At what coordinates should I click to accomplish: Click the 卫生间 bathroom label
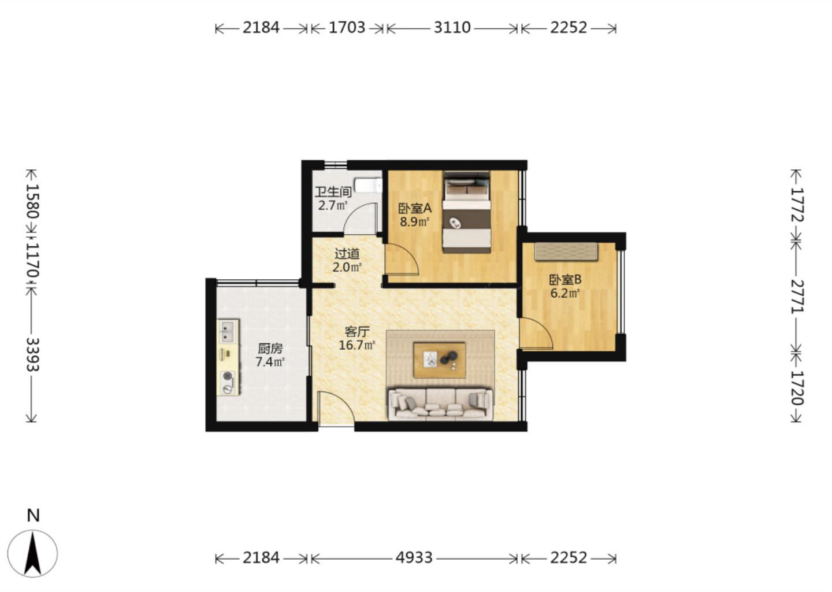[333, 192]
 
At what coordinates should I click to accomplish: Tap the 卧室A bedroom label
[415, 208]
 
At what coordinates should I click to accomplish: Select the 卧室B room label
[565, 279]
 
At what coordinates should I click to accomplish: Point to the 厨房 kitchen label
[270, 348]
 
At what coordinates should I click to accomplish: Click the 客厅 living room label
[357, 331]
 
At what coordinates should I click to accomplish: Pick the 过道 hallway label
[347, 253]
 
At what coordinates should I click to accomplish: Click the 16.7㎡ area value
[357, 345]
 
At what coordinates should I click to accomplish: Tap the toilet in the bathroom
[368, 185]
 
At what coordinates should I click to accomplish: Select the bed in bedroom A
[466, 212]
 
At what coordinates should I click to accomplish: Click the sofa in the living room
[440, 404]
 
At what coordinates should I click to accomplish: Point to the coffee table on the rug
[440, 360]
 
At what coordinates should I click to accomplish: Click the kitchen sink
[228, 331]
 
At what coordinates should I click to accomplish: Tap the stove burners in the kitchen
[227, 382]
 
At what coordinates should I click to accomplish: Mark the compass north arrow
[33, 553]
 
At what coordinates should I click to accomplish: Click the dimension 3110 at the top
[452, 28]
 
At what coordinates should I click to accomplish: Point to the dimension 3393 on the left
[32, 354]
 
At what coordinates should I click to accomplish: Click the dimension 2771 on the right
[797, 297]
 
